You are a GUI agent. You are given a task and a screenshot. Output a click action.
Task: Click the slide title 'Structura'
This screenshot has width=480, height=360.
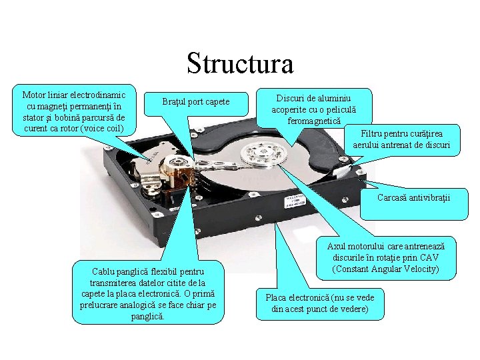pos(240,64)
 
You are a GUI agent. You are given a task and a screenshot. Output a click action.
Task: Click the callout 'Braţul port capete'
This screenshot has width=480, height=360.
pos(196,101)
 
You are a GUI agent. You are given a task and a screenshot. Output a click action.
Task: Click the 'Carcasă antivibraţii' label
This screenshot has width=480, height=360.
pos(413,198)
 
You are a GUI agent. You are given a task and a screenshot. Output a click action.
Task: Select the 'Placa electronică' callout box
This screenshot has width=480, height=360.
pos(319,303)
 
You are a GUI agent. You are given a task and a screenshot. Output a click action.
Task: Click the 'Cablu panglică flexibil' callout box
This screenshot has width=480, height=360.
pos(149,293)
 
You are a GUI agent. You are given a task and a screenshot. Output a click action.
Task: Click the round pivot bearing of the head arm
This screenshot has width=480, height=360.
pos(179,166)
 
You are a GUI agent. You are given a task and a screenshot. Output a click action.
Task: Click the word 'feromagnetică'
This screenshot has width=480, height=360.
pos(314,121)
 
